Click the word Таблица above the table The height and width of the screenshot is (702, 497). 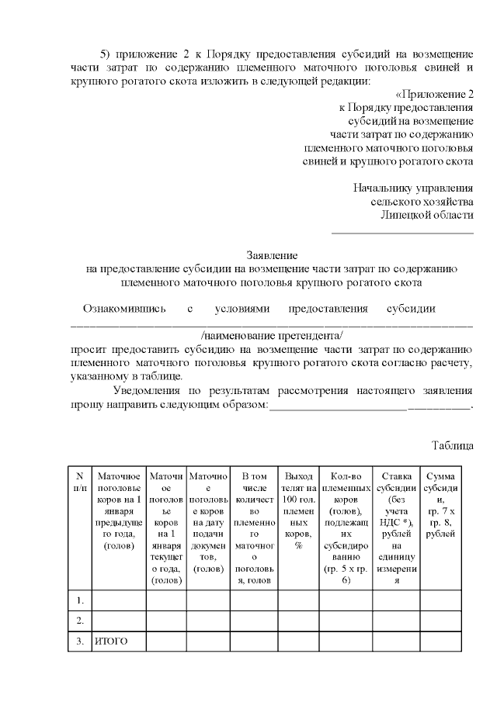pos(452,445)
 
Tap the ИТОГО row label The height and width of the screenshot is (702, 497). pos(110,641)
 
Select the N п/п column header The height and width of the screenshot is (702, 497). pos(79,481)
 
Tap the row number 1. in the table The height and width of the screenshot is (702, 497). pos(79,600)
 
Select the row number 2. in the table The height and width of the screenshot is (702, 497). pos(79,621)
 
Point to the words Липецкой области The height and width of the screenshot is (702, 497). pos(427,215)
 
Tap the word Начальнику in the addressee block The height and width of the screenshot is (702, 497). pos(382,188)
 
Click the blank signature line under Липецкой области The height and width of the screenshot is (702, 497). pos(402,231)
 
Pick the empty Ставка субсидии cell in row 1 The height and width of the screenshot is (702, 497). pos(395,600)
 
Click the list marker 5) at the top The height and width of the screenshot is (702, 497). pos(109,54)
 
